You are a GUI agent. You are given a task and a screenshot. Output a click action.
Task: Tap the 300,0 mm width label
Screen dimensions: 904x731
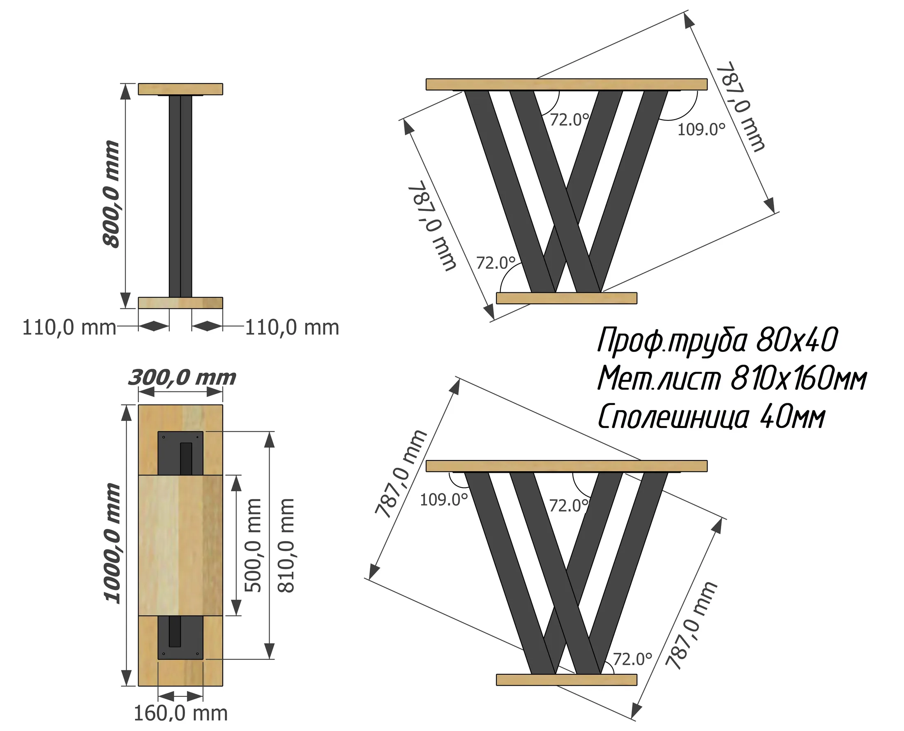182,378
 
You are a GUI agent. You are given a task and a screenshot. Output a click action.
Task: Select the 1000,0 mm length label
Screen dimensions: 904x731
112,544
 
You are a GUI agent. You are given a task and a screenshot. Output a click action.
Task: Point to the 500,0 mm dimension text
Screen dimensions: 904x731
253,545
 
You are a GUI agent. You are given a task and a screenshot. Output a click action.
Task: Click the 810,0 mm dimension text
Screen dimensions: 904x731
286,545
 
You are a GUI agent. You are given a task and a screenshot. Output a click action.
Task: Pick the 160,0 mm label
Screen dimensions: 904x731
180,713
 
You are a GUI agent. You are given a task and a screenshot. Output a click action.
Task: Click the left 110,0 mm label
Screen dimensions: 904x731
69,328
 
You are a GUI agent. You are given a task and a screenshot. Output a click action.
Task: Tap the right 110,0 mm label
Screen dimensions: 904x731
292,328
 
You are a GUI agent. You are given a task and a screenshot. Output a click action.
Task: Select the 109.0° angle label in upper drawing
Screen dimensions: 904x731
701,129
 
